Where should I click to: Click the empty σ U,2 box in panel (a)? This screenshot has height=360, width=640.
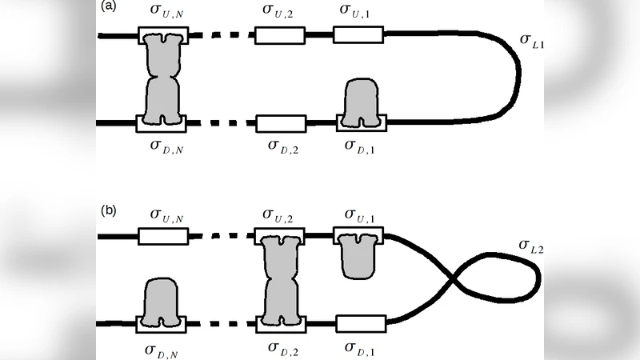(279, 36)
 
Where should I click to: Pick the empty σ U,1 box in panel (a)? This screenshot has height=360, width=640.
(358, 35)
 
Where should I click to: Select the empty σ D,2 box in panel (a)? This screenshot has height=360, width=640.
(280, 123)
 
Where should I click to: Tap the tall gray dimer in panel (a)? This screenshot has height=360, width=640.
(163, 78)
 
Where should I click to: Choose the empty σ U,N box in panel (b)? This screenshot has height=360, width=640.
(163, 237)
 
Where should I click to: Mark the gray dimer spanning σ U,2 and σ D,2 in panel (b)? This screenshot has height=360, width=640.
(279, 279)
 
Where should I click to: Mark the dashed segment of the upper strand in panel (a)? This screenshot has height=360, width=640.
(219, 36)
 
